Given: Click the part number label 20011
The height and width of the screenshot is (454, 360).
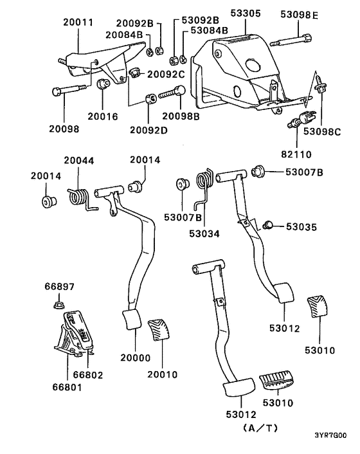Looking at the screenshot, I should pyautogui.click(x=78, y=21).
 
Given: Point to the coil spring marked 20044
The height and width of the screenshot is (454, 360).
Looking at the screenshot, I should pyautogui.click(x=78, y=196).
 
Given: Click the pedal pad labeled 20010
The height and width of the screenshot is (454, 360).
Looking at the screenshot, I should pyautogui.click(x=159, y=331).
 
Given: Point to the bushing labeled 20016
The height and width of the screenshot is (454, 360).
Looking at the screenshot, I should pyautogui.click(x=102, y=84).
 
